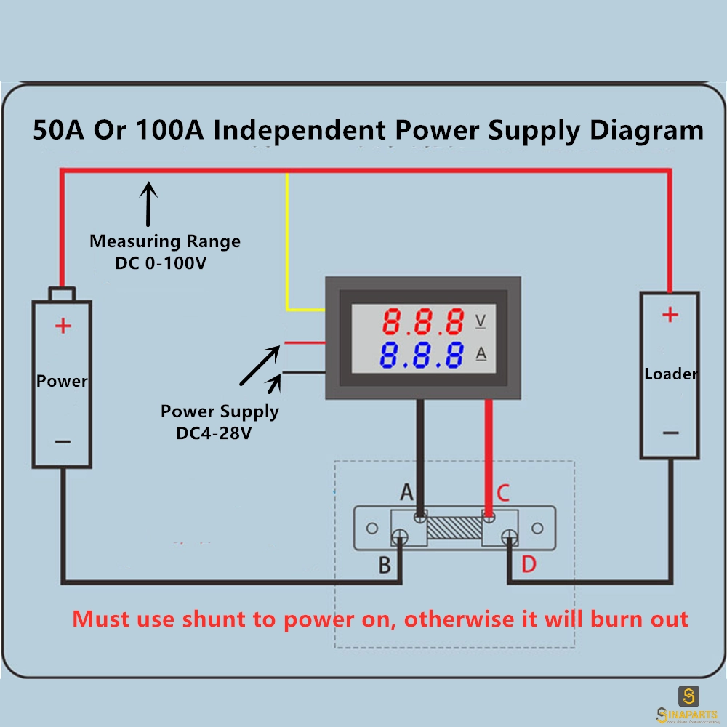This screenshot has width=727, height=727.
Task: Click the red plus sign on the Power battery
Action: click(63, 326)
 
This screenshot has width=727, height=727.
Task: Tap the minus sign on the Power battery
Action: click(63, 442)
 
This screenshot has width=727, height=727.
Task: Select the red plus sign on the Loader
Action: click(670, 315)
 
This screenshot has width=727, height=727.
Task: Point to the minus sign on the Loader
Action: click(670, 433)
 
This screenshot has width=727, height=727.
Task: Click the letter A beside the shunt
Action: click(406, 492)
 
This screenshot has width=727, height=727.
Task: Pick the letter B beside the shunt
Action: click(385, 565)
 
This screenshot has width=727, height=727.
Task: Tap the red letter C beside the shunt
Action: click(503, 493)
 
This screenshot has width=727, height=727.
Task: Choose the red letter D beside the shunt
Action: click(529, 564)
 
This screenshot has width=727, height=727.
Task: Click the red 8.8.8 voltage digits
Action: click(423, 321)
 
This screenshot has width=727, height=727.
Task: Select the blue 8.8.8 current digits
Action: click(422, 356)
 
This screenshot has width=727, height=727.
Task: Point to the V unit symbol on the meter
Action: click(481, 321)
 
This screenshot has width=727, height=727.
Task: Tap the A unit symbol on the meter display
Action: click(481, 354)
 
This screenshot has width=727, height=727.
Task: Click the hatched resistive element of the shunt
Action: click(454, 528)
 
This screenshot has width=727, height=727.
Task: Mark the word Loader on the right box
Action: click(670, 374)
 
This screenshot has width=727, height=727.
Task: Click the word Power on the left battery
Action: click(62, 381)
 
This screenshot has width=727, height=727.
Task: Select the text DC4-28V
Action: click(214, 433)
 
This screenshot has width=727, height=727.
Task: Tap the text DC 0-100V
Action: click(161, 263)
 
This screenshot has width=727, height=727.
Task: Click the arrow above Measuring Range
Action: click(148, 204)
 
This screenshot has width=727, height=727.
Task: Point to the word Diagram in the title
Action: click(646, 131)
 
